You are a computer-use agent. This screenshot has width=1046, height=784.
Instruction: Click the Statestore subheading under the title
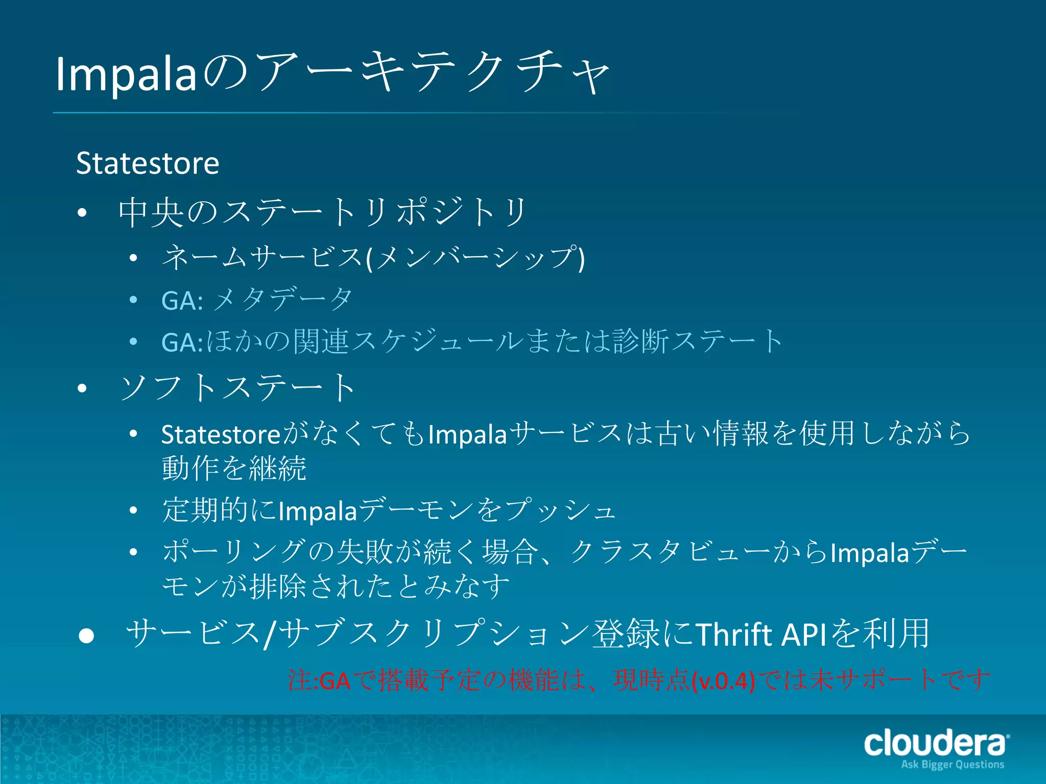(x=148, y=163)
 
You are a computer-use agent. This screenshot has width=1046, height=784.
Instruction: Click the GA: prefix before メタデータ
(x=182, y=301)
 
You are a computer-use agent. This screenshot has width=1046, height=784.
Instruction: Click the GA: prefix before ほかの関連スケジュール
(x=182, y=342)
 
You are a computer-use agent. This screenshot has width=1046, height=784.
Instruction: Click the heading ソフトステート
(x=237, y=388)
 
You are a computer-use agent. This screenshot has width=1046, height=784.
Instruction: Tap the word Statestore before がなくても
(x=221, y=435)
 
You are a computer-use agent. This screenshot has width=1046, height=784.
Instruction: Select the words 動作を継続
(x=234, y=469)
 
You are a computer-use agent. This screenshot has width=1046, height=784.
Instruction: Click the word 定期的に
(x=220, y=510)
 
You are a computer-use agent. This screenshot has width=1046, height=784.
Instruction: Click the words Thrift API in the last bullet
(x=761, y=634)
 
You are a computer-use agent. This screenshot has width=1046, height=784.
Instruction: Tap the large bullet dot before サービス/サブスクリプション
(x=86, y=635)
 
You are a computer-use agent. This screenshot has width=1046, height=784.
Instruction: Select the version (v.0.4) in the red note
(x=723, y=681)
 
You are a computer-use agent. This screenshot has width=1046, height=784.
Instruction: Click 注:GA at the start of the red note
(x=319, y=681)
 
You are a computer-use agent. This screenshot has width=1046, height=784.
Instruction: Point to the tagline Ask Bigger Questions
(x=953, y=765)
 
